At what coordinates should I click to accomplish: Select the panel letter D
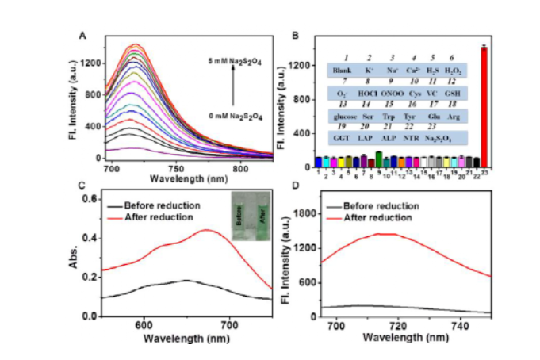click(294, 186)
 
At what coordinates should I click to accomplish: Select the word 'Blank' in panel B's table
click(343, 70)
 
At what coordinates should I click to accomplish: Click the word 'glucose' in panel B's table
click(345, 114)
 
